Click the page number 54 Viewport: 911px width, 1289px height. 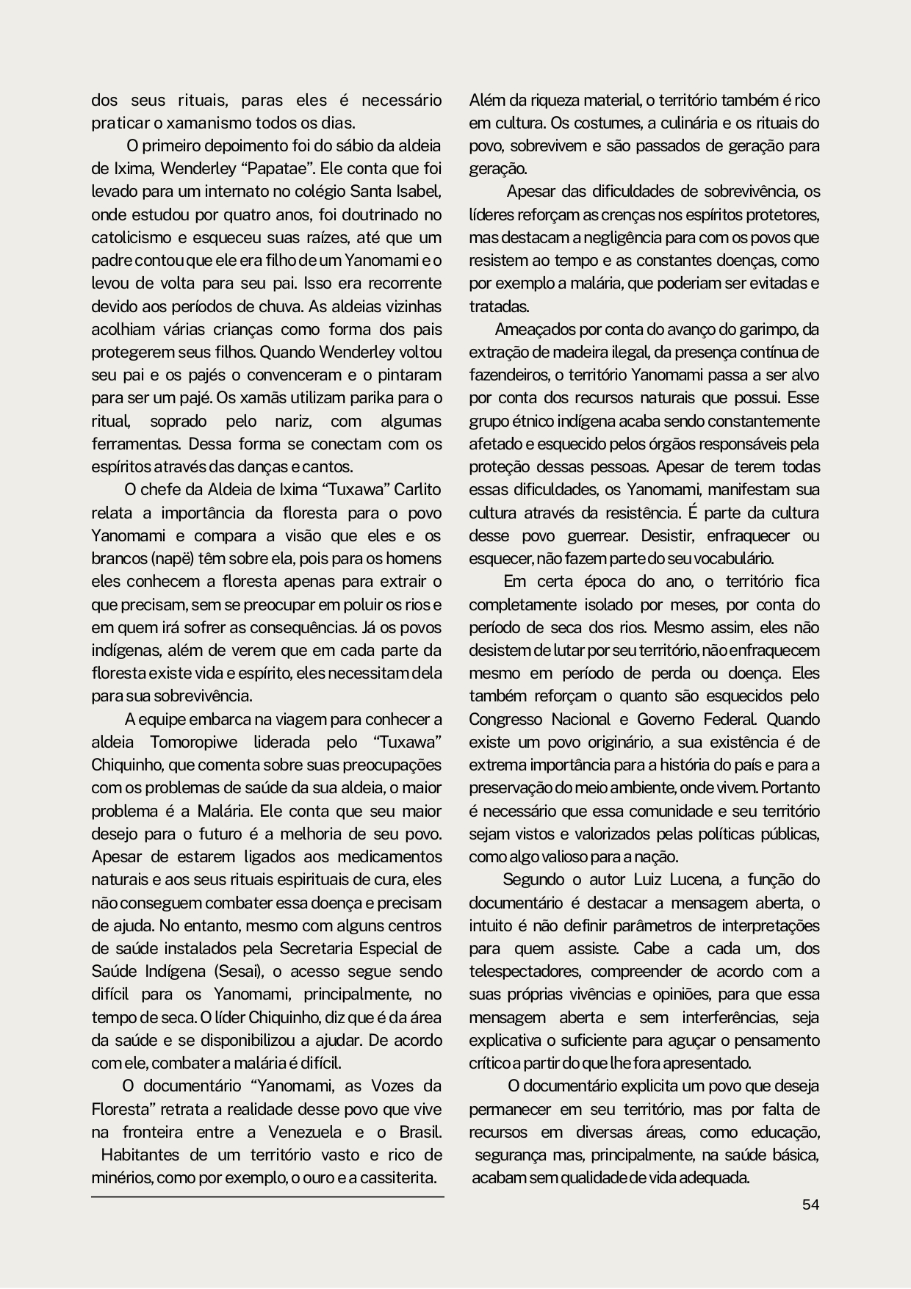(810, 1205)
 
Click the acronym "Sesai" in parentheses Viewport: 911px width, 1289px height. (239, 971)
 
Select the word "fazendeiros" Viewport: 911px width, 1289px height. (508, 375)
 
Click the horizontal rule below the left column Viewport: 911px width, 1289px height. (267, 1197)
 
